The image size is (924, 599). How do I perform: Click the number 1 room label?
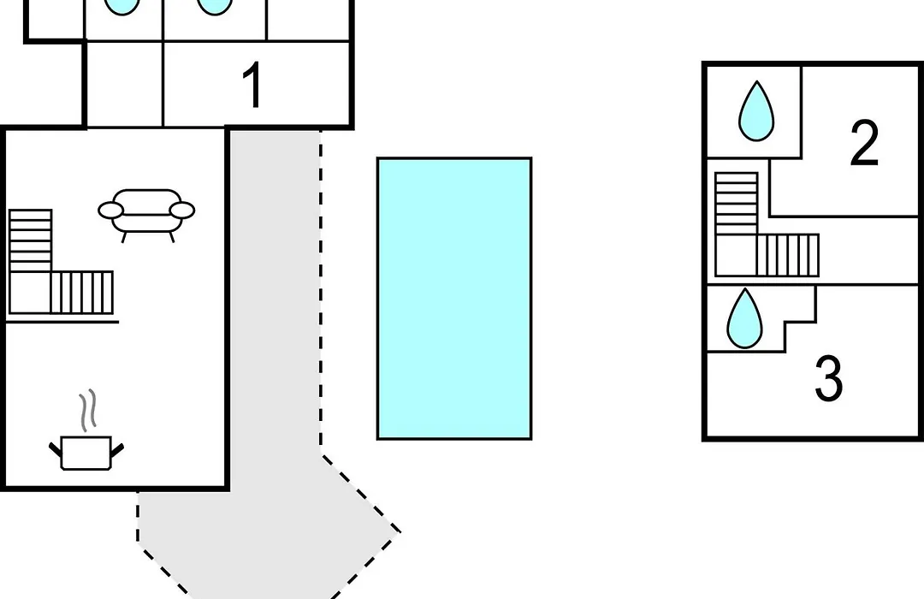coord(252,86)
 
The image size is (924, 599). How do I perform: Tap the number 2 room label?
coord(864,142)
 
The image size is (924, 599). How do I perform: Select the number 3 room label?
coord(828,378)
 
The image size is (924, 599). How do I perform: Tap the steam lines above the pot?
coord(87,409)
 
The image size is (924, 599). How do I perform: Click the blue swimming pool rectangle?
coord(454,299)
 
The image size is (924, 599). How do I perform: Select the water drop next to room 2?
coord(756,111)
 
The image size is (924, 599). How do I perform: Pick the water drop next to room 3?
coord(745,318)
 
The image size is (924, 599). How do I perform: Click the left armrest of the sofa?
coord(110,210)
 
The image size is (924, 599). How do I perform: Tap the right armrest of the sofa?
coord(182,210)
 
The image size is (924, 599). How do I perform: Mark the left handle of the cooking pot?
coord(55,451)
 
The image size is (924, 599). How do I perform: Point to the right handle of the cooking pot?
coord(117,451)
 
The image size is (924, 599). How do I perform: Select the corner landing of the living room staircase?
coord(30,293)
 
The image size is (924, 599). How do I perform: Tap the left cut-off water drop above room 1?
coord(122,6)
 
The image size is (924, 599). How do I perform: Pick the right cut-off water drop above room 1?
coord(215,6)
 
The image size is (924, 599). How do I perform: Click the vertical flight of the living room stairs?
coord(31,240)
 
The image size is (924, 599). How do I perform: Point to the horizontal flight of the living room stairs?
coord(82,293)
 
